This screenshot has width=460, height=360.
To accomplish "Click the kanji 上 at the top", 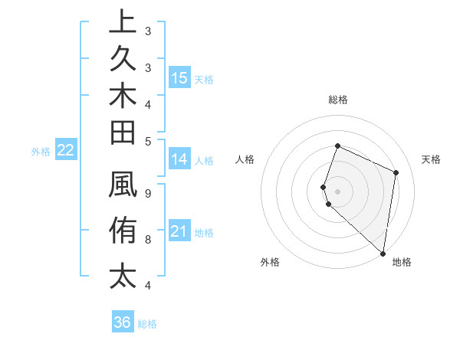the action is point(123,23).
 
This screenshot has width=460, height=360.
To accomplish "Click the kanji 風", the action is point(123,185).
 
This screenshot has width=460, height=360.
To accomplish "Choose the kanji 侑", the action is point(123,230).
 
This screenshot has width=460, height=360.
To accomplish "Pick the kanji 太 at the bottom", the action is point(123,275).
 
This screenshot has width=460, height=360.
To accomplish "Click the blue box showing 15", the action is point(179,78).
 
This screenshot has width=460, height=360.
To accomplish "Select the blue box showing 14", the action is point(179,160).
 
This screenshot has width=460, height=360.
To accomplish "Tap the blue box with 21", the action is point(179,232).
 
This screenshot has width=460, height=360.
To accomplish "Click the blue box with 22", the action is point(66,151).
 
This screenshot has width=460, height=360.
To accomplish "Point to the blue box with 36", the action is point(123,322).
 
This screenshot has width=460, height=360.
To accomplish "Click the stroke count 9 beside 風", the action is point(147,193).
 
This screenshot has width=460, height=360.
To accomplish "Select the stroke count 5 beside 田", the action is point(147,141).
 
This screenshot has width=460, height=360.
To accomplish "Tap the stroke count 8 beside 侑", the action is point(147,240).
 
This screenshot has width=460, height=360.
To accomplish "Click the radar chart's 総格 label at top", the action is point(337,100).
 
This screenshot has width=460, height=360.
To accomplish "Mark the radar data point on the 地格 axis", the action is point(383,254).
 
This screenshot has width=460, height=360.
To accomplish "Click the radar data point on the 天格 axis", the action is point(396,172).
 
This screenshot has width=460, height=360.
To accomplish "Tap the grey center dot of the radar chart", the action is point(337,191).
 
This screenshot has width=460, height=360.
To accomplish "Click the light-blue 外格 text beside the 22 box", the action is point(41,152).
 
